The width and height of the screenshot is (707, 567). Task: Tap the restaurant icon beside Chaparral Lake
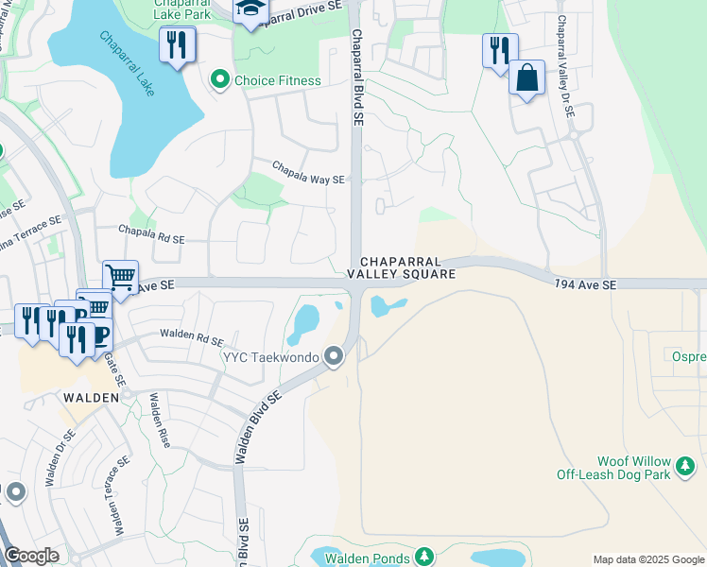coord(177,44)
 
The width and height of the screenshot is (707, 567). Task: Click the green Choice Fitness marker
coord(220,80)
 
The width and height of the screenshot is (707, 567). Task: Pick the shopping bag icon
coord(526,78)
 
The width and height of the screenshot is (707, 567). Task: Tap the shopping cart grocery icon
coord(120,277)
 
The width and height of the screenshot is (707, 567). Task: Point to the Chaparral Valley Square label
coord(401,266)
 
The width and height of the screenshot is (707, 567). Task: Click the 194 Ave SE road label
coord(585,284)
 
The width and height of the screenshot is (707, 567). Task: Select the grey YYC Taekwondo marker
coord(333,356)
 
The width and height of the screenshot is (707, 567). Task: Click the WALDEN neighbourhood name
coord(91,398)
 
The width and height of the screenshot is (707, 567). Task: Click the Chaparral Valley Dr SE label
coord(565,66)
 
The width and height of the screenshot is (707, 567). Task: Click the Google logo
coord(31,556)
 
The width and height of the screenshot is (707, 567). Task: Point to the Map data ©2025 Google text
coord(648,559)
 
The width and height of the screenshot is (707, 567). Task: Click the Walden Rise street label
coord(156,421)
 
